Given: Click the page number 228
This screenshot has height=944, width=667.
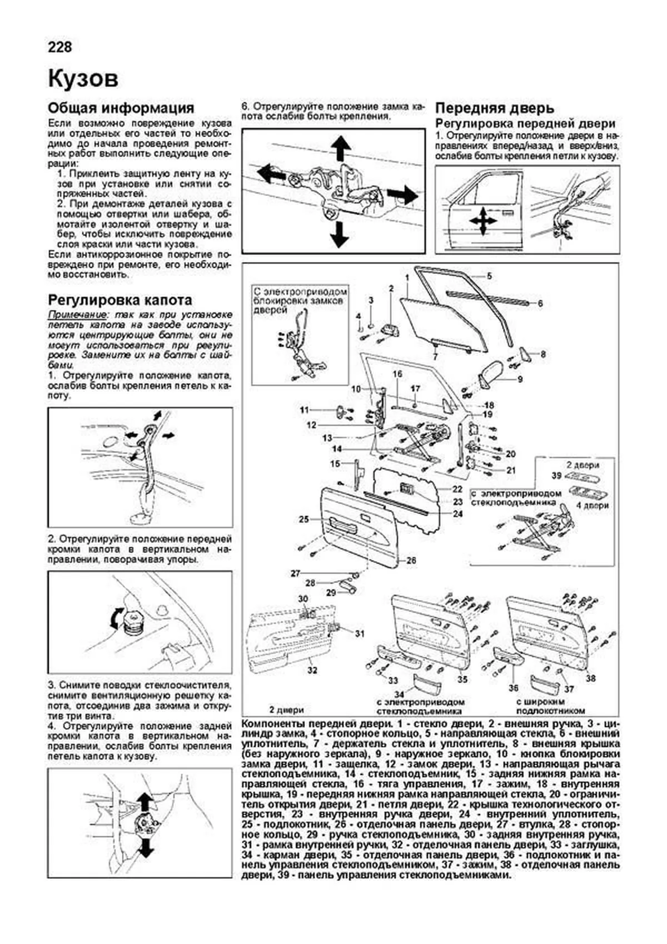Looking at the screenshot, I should tap(60, 47).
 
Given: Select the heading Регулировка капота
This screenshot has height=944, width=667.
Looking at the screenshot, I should tap(120, 300).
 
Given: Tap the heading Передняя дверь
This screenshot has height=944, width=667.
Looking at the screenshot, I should tap(494, 108).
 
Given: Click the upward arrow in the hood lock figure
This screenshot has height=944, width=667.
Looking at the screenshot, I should tap(341, 147).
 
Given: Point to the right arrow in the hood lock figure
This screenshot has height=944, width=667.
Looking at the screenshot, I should tap(401, 195).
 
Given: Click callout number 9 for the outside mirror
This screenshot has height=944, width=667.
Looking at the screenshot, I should tap(520, 380).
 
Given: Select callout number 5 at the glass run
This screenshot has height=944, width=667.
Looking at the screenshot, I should tap(489, 276).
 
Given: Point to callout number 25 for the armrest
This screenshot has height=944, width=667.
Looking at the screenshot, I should tap(303, 519).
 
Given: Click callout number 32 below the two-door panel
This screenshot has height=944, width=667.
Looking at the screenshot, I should tap(312, 670).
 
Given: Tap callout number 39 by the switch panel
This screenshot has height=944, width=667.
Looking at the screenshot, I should tap(556, 475).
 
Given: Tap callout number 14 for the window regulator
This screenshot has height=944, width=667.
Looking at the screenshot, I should tap(336, 449).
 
